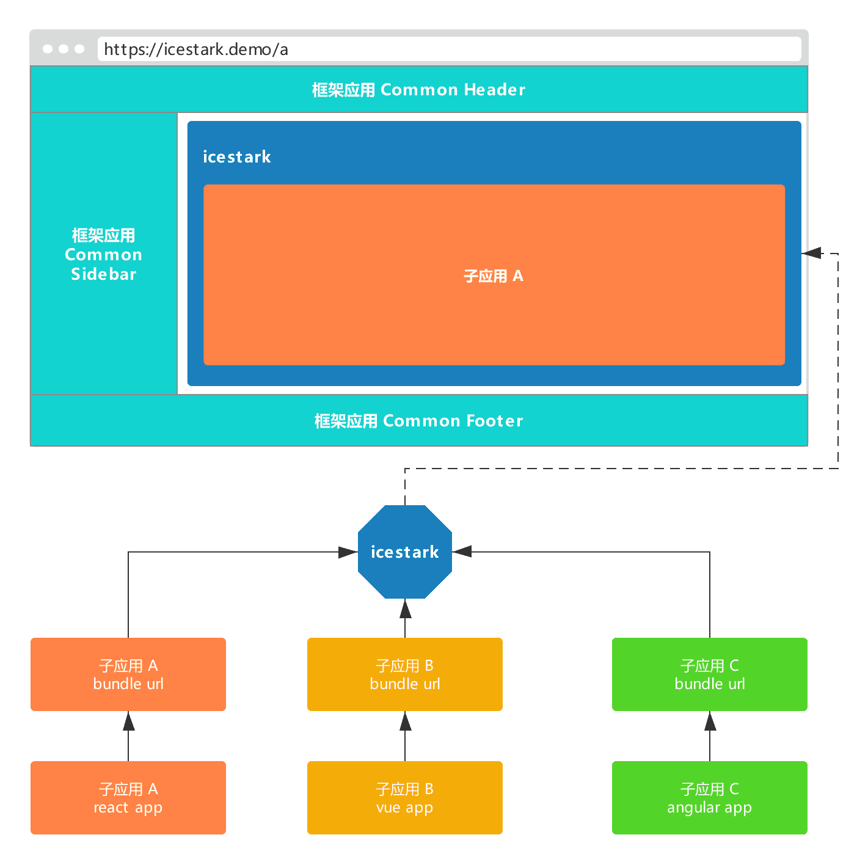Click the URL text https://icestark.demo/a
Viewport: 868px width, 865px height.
click(196, 49)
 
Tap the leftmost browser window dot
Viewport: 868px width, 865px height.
click(48, 49)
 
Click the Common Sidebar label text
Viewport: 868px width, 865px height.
click(104, 255)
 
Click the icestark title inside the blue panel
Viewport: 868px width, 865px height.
click(236, 157)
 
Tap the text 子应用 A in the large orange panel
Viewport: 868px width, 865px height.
click(494, 276)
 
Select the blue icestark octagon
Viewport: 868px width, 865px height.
click(404, 552)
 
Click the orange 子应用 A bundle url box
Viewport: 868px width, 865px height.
click(128, 674)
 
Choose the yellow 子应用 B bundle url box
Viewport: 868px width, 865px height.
click(404, 674)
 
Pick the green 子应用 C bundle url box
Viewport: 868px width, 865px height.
click(709, 674)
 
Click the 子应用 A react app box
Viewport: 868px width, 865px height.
click(128, 798)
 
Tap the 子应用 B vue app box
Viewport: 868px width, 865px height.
click(404, 798)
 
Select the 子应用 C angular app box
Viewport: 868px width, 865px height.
click(709, 798)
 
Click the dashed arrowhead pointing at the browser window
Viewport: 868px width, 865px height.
click(811, 253)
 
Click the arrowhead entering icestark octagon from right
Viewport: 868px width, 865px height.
click(462, 552)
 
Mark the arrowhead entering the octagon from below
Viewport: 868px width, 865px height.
click(405, 608)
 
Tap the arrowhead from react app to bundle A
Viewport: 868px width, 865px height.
click(128, 721)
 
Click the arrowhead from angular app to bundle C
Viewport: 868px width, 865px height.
click(710, 721)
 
